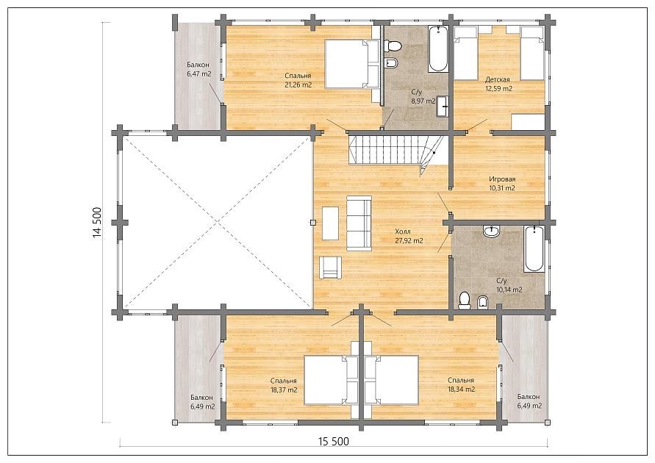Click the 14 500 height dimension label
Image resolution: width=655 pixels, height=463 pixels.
[x=97, y=222]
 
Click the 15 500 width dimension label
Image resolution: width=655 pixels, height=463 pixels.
[x=333, y=441]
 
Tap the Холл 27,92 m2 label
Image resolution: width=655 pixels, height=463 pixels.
[x=409, y=236]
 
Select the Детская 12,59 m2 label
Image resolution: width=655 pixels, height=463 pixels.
[x=498, y=84]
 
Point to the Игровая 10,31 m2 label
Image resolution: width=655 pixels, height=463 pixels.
[x=501, y=184]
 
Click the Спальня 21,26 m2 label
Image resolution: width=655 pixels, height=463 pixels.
[x=298, y=80]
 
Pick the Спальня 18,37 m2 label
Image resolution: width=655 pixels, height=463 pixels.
[x=284, y=385]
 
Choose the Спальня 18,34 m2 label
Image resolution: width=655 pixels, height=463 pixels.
[x=461, y=385]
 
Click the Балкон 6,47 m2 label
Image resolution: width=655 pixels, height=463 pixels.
[x=198, y=70]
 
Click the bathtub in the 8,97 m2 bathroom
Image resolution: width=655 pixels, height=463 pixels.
[x=438, y=49]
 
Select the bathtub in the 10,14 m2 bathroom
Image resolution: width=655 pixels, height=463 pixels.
[x=534, y=249]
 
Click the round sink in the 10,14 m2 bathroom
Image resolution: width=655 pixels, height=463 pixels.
[x=491, y=232]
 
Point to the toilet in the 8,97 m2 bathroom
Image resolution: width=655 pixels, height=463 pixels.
[x=393, y=45]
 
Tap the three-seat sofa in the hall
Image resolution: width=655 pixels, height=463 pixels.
[x=359, y=223]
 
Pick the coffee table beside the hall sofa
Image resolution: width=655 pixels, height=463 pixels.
[x=330, y=223]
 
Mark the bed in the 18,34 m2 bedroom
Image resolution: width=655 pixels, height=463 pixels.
[x=391, y=380]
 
